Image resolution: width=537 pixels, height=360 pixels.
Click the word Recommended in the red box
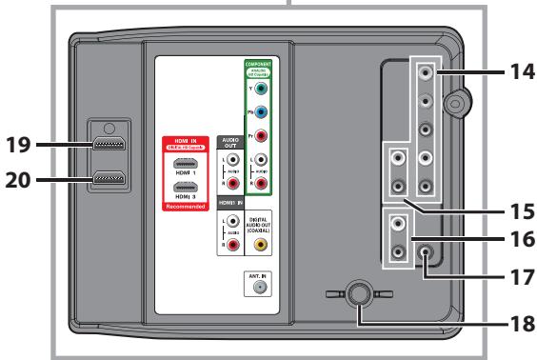click(x=188, y=203)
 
